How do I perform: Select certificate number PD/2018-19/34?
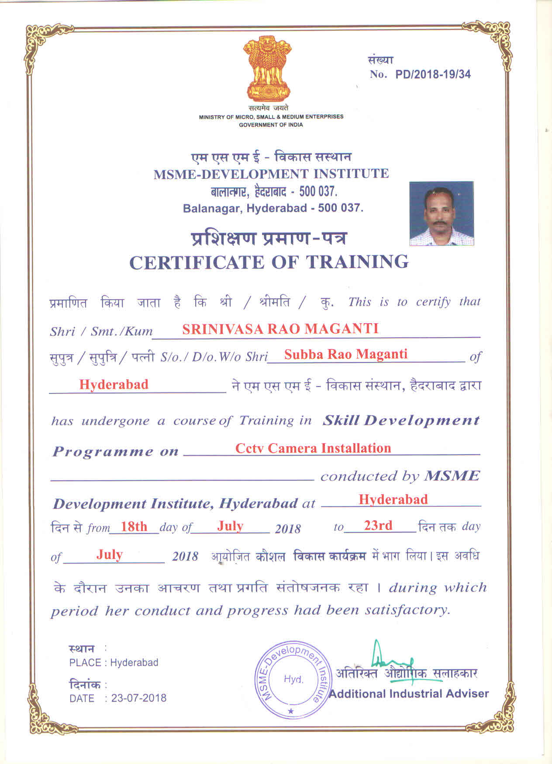[x=433, y=74]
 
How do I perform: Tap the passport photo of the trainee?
[x=442, y=214]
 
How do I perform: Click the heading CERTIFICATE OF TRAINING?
[x=269, y=263]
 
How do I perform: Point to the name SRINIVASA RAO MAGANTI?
[x=280, y=329]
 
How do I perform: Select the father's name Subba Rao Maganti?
[x=345, y=354]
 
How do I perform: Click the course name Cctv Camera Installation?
[x=313, y=448]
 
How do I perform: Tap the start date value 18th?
[x=134, y=526]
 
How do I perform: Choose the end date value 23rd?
[x=378, y=525]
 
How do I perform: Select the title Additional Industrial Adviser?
[x=409, y=694]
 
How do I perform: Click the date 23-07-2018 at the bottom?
[x=139, y=698]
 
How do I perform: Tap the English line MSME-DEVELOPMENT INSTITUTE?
[x=271, y=174]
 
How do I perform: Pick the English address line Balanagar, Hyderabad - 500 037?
[x=273, y=208]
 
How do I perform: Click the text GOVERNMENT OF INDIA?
[x=271, y=125]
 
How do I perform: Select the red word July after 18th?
[x=230, y=526]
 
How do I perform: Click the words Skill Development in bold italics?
[x=401, y=420]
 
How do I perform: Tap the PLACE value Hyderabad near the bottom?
[x=134, y=663]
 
